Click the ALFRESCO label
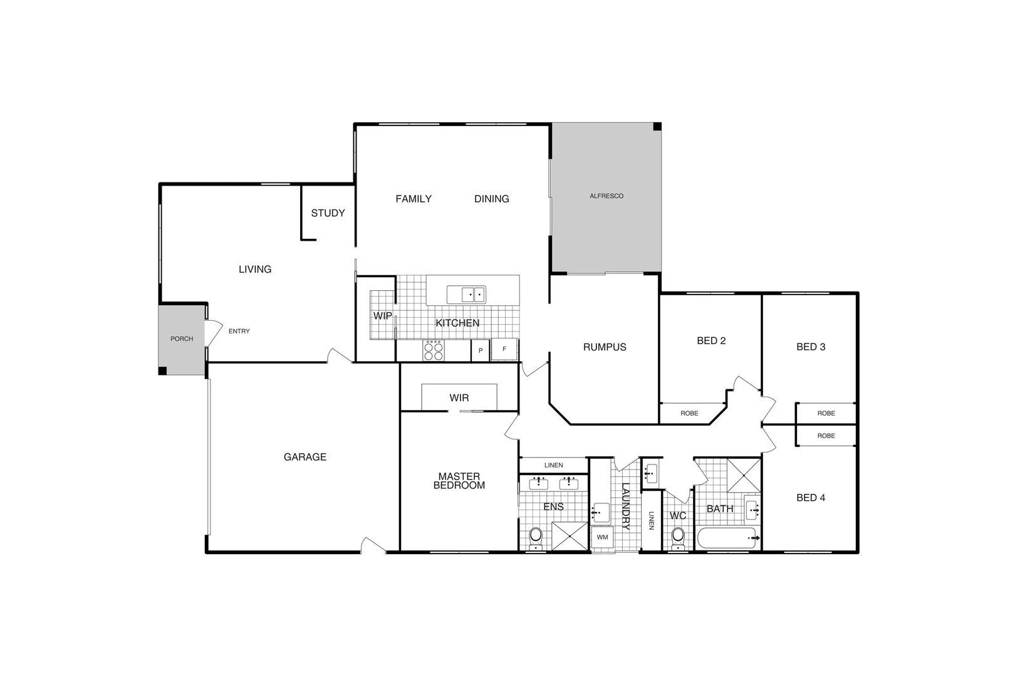[606, 196]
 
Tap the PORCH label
[182, 339]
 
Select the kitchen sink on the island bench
[466, 295]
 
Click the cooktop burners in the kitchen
[433, 350]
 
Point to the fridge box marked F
[504, 349]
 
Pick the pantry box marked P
[481, 350]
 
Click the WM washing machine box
[602, 538]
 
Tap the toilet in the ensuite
[536, 537]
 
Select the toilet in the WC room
[678, 537]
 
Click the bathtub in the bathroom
[727, 538]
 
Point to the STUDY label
[328, 213]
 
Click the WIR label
[459, 398]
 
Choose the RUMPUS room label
[605, 347]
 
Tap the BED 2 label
[711, 341]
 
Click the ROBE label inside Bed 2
[689, 414]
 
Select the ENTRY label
[239, 332]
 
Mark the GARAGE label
[304, 457]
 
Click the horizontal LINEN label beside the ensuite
[553, 466]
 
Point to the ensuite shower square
[569, 537]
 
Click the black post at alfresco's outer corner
[657, 127]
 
